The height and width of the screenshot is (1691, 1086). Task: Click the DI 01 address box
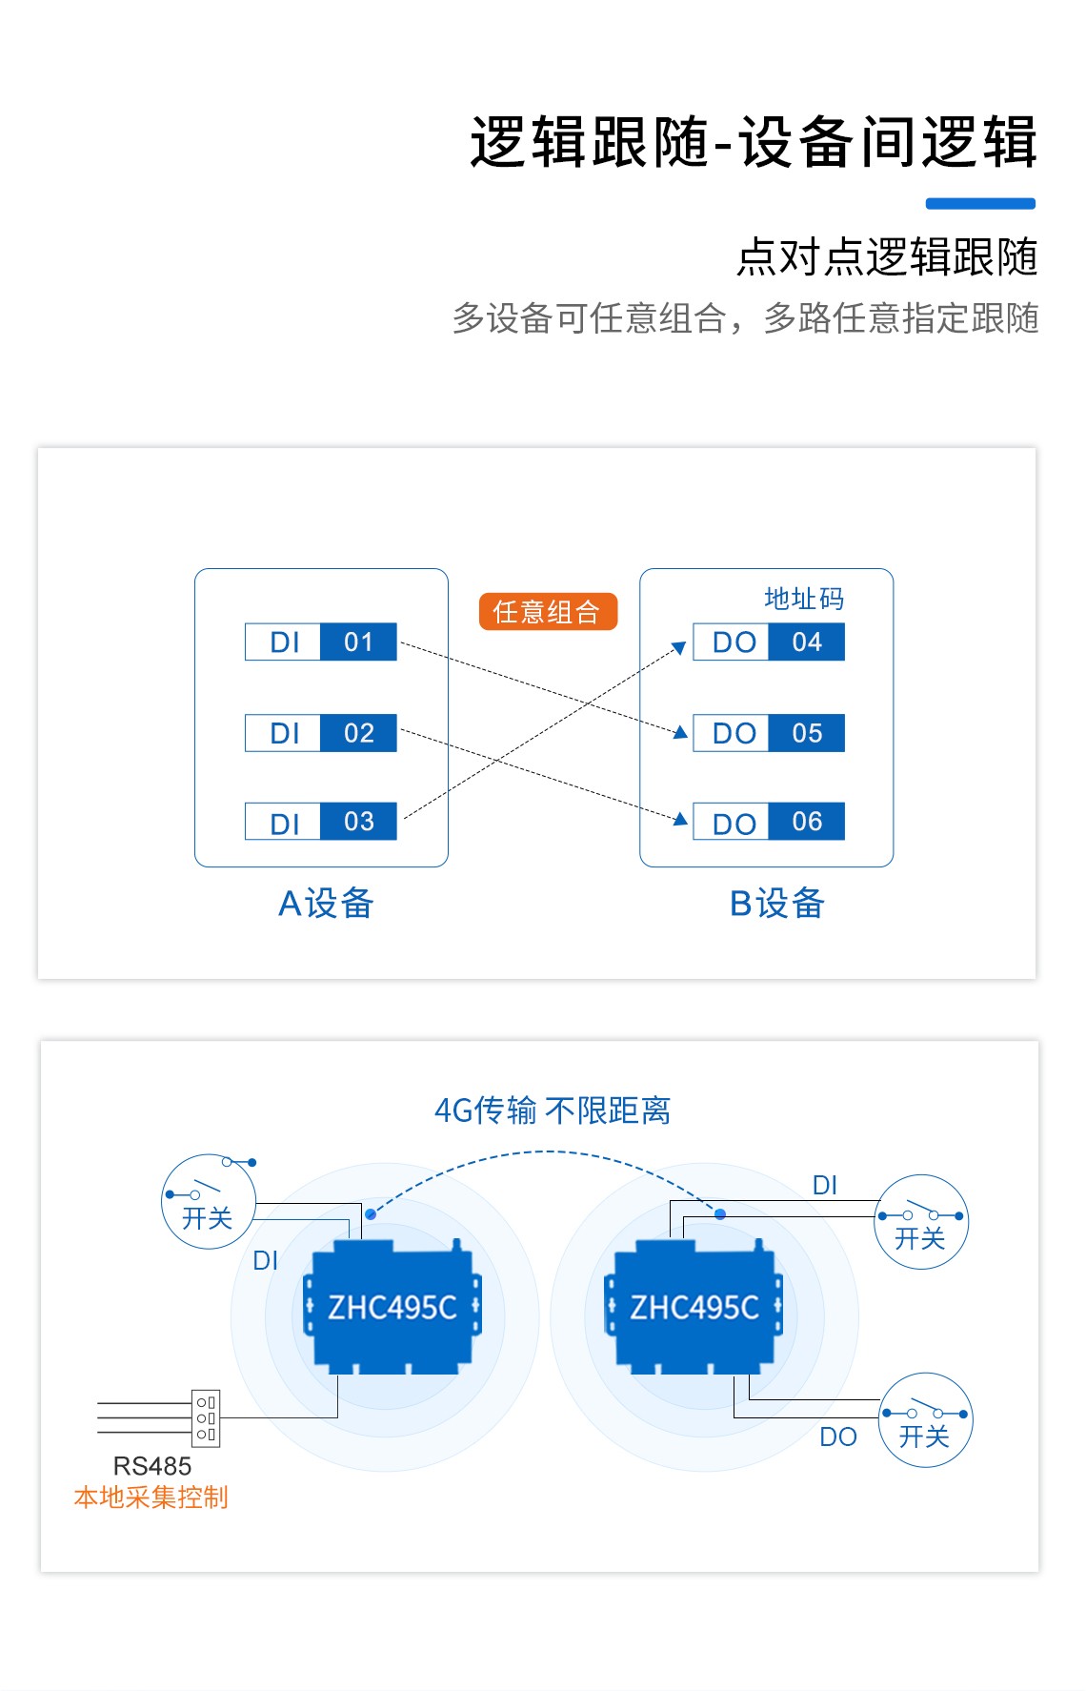[x=320, y=642]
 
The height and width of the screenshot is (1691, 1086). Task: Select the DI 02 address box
[x=320, y=733]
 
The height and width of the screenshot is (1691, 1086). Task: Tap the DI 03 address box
[x=320, y=822]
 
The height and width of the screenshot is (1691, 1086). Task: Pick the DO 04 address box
[x=768, y=642]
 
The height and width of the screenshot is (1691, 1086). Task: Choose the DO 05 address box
[x=768, y=733]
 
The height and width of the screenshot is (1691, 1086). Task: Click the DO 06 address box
[x=768, y=822]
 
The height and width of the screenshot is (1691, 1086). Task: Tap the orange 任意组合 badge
[x=548, y=611]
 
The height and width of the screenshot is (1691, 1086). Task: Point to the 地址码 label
[x=804, y=599]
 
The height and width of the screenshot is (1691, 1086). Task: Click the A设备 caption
[x=326, y=904]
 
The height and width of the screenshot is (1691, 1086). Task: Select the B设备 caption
[x=776, y=904]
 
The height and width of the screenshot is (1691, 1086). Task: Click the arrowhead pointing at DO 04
[x=679, y=648]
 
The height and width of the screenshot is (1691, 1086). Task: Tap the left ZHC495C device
[x=392, y=1307]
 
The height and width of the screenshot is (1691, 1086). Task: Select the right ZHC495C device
[x=694, y=1307]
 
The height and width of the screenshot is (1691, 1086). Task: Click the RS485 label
[x=152, y=1466]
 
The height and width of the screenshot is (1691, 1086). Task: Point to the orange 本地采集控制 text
[x=151, y=1497]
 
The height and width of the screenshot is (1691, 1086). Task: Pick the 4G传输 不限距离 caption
[x=553, y=1110]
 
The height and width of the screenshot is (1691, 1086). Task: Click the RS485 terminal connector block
[x=206, y=1417]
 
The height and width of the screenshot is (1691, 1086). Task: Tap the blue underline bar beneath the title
[x=980, y=203]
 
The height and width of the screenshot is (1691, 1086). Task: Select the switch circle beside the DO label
[x=925, y=1420]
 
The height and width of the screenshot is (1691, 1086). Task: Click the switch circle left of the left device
[x=209, y=1202]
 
